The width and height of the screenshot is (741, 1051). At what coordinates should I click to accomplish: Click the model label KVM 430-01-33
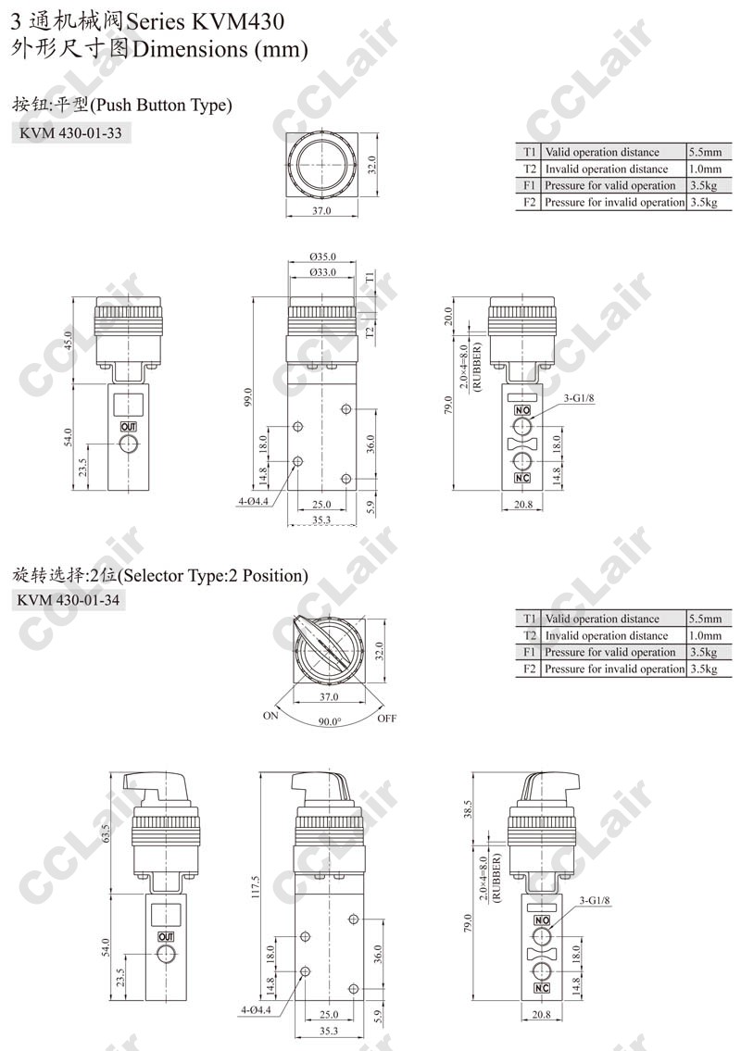(x=70, y=132)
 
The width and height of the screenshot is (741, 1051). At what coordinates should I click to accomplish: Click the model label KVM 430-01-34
(x=69, y=600)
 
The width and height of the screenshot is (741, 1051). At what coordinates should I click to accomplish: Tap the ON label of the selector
(x=270, y=715)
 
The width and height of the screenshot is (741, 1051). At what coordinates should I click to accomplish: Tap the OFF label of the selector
(x=387, y=719)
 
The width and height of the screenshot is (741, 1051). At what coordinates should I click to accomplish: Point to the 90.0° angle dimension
(x=329, y=722)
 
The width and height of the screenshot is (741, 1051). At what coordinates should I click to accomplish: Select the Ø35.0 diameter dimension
(x=323, y=256)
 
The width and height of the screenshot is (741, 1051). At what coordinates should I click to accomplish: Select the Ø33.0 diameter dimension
(x=323, y=272)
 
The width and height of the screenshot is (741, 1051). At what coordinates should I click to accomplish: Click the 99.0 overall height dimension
(x=248, y=397)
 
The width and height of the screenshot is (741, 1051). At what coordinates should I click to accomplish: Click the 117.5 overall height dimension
(x=255, y=887)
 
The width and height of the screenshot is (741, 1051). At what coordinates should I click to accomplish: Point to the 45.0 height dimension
(x=67, y=341)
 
